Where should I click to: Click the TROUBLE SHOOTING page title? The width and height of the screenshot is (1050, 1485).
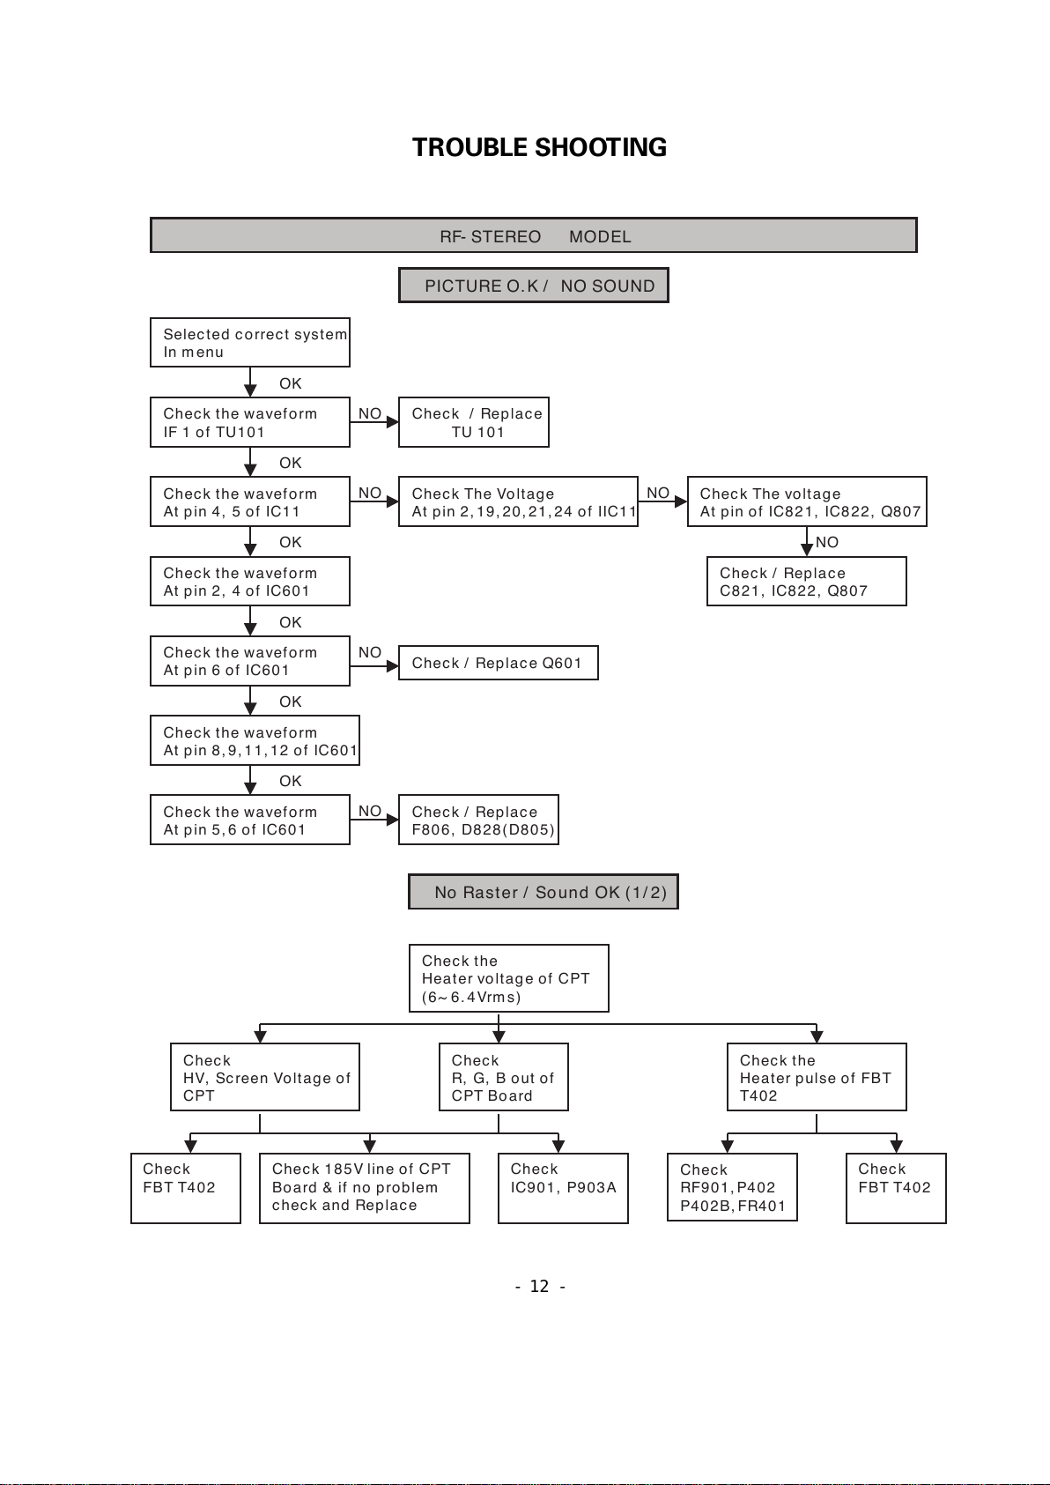(x=539, y=147)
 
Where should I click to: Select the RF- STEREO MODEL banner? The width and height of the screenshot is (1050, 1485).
(x=533, y=235)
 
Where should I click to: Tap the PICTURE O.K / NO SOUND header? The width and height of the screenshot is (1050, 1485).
(x=533, y=285)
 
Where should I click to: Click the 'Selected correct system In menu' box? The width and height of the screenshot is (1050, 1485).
(x=250, y=342)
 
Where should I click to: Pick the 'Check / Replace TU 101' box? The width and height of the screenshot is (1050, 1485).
(x=474, y=422)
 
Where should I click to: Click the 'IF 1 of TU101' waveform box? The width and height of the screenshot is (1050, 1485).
(x=250, y=422)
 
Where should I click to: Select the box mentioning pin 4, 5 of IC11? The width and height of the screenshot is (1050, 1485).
(x=250, y=501)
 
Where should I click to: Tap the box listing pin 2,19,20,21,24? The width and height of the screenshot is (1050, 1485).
(x=518, y=501)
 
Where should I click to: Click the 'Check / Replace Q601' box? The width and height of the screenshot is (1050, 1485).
(x=499, y=663)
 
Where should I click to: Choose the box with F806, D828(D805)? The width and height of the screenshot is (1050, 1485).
(x=478, y=820)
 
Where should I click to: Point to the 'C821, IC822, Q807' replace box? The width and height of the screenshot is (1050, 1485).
(x=807, y=582)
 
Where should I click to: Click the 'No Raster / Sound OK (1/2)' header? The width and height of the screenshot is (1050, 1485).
(x=543, y=892)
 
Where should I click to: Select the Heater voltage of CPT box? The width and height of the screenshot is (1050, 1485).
(x=509, y=978)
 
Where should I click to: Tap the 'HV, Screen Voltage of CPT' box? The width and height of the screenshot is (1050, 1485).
(x=265, y=1077)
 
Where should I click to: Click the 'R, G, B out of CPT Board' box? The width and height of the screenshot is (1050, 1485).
(x=504, y=1077)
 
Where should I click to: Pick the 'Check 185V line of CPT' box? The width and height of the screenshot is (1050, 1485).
(x=365, y=1189)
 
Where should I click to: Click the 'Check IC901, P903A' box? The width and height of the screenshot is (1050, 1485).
(x=563, y=1189)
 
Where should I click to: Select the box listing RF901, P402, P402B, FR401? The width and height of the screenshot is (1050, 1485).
(x=732, y=1187)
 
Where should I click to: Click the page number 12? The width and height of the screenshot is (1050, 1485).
(x=539, y=1287)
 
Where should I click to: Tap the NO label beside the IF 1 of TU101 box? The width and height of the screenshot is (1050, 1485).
(x=370, y=413)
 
